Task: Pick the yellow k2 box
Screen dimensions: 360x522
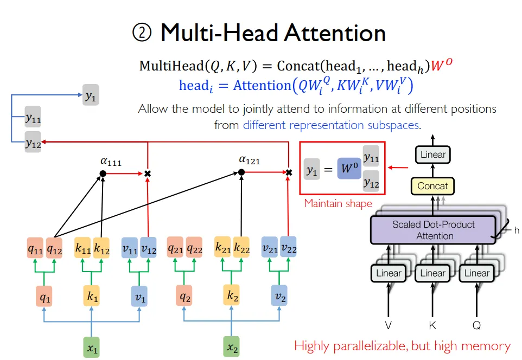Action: tap(232, 297)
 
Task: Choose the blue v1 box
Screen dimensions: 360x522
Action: tap(139, 297)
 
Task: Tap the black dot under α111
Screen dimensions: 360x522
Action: tap(103, 173)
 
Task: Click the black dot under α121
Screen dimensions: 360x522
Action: tap(241, 172)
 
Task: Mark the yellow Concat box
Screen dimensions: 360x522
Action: tap(432, 186)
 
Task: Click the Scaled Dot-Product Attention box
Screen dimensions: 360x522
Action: tap(433, 230)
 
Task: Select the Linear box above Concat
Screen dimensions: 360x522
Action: tap(433, 155)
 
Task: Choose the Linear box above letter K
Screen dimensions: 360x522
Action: tap(432, 273)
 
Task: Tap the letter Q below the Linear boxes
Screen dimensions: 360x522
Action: tap(476, 325)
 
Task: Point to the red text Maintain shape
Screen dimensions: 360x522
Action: tap(338, 204)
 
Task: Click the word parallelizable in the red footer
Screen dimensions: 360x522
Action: tap(377, 346)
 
